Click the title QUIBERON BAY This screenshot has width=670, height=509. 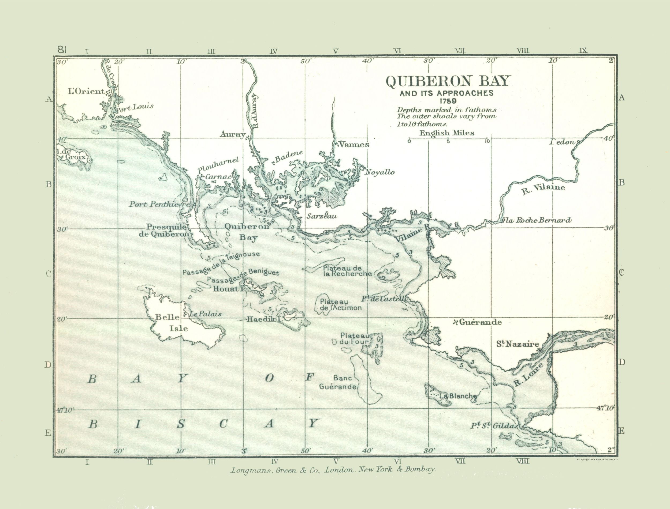(x=448, y=81)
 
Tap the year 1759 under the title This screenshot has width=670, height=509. (x=448, y=101)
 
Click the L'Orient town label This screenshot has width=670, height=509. (x=86, y=92)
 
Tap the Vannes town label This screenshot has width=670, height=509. (x=353, y=145)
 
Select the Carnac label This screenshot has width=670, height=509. (x=218, y=177)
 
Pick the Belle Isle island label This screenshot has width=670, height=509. (x=171, y=323)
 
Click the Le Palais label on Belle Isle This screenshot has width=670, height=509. (x=205, y=314)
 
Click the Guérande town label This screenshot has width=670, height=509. (x=480, y=322)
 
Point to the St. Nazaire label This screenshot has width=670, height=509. (x=517, y=344)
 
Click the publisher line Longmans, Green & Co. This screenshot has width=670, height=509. (x=333, y=470)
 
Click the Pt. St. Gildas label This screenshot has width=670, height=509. (x=494, y=426)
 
